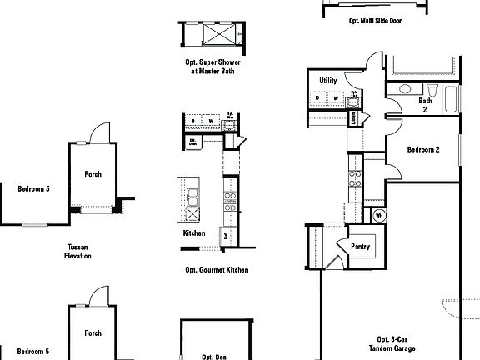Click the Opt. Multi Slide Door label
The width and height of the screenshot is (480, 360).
375,21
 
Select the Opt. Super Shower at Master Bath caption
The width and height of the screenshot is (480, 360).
209,66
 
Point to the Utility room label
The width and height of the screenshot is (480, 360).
327,80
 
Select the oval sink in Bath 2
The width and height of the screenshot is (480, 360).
404,88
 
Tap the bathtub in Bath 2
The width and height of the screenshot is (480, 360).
451,98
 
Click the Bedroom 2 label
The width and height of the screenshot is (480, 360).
422,150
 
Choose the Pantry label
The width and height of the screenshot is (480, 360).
361,247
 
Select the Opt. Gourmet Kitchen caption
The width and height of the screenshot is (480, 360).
217,270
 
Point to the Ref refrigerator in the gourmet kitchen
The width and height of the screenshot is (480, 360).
226,236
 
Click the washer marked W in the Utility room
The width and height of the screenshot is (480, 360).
335,98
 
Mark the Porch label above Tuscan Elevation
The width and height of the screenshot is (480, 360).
92,175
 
